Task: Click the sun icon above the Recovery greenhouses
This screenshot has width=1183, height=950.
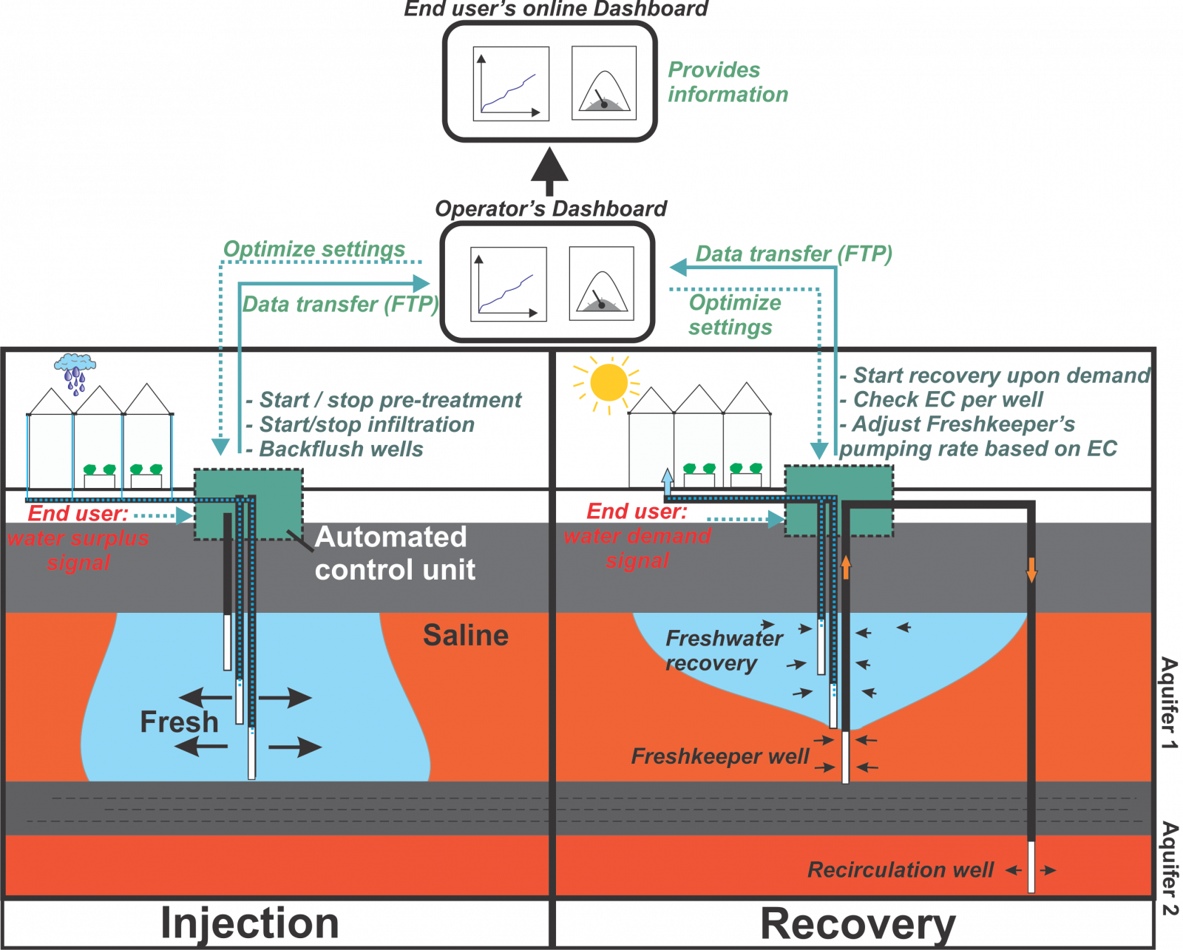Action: (609, 382)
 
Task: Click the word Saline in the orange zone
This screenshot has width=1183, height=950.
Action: (465, 636)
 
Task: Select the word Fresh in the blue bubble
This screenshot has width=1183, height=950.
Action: (179, 722)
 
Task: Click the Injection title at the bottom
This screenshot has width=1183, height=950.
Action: (249, 923)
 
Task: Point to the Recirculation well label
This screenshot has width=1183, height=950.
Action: (900, 869)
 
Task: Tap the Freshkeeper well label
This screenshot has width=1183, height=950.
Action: (719, 756)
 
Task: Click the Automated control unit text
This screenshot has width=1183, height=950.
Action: (394, 553)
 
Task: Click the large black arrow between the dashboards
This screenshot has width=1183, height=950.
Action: (549, 169)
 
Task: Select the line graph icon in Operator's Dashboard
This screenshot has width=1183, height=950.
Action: (509, 285)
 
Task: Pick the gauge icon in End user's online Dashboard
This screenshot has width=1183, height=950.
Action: (604, 83)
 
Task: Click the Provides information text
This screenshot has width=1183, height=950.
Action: (727, 82)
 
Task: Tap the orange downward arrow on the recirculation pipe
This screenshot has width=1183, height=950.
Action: (1031, 569)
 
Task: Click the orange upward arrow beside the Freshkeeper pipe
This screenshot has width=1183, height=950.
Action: (846, 567)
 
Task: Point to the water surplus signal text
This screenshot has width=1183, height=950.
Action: (78, 550)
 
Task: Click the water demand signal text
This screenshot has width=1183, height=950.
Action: (637, 548)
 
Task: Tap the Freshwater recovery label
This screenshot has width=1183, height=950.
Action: (722, 651)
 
